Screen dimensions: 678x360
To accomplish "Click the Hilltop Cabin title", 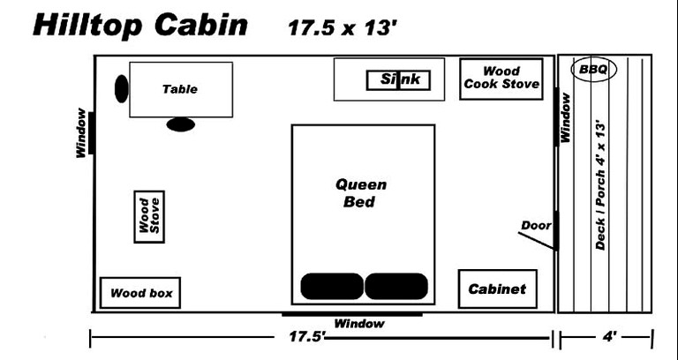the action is (x=139, y=25).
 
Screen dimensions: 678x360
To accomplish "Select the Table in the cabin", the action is (x=180, y=89).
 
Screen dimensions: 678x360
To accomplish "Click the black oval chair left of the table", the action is (x=122, y=87).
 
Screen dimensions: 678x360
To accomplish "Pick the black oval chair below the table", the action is (x=180, y=124).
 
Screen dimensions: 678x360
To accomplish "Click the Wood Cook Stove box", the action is (x=501, y=79).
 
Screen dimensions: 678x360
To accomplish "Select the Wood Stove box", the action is (x=149, y=217).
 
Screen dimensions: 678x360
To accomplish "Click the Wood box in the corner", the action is (x=141, y=293).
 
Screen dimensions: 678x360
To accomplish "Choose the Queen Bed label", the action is (x=361, y=193).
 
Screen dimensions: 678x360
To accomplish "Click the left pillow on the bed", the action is (x=332, y=287).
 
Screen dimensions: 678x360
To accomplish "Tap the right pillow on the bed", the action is (x=395, y=287).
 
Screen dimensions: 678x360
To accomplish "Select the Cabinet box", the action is (x=497, y=289).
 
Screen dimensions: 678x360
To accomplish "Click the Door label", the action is (x=535, y=225).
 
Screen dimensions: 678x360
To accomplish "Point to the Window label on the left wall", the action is (x=81, y=132).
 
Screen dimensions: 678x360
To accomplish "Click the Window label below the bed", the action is (x=359, y=324).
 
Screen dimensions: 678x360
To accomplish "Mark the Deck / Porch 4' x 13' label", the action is (x=600, y=185).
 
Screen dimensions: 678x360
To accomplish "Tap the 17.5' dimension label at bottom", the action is (x=302, y=337).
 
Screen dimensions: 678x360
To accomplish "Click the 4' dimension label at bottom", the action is (x=609, y=337).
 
